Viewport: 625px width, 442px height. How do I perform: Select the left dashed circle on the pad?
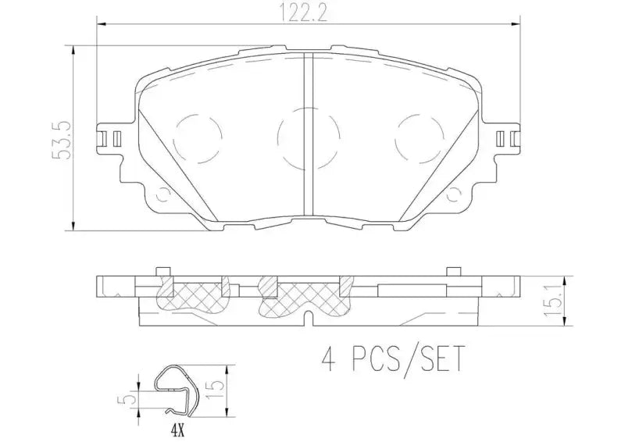point(197,140)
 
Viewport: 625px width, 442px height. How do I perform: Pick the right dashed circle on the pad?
point(420,140)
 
